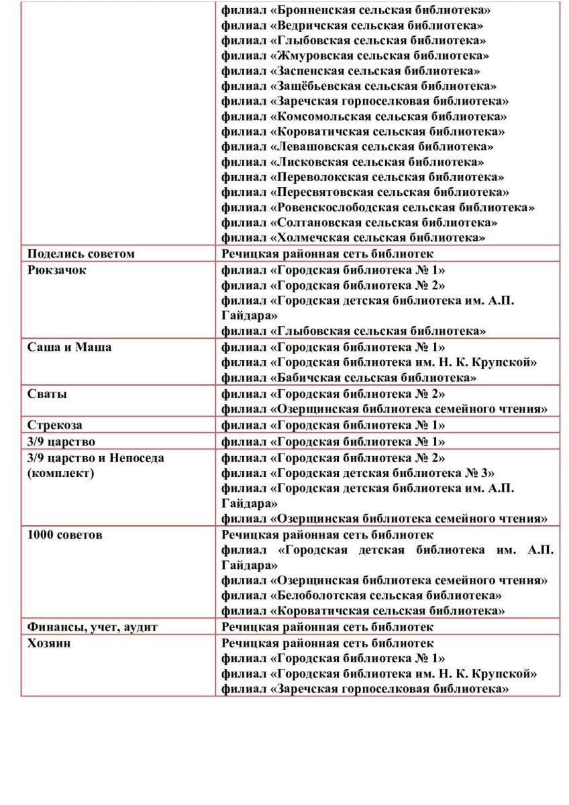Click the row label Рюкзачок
[x=57, y=270]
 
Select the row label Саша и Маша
[x=70, y=347]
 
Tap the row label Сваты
[x=47, y=394]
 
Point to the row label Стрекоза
[x=55, y=425]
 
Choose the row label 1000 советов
[x=65, y=535]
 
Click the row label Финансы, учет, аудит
[x=92, y=627]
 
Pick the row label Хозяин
[x=50, y=643]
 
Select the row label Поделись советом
[x=81, y=254]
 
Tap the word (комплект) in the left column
[x=61, y=474]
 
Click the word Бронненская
[x=315, y=10]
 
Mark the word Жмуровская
[x=313, y=56]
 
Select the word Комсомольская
[x=323, y=116]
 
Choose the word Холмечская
[x=312, y=237]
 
